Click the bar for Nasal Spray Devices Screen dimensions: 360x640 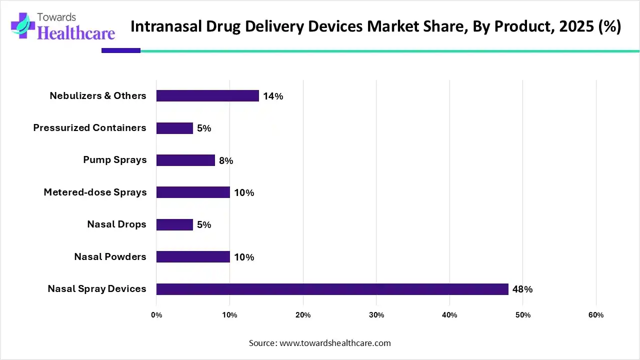(332, 289)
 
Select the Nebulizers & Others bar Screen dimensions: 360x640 (207, 96)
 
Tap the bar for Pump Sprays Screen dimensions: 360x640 (185, 160)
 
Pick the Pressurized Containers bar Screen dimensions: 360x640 (174, 128)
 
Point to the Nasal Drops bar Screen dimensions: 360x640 (174, 224)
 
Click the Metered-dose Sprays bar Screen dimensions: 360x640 (193, 192)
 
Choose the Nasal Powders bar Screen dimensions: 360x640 (193, 257)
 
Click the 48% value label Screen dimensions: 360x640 (522, 289)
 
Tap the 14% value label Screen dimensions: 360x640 (273, 96)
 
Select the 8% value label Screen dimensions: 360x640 (226, 160)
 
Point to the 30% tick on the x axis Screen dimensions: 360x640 (376, 315)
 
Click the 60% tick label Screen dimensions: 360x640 (596, 315)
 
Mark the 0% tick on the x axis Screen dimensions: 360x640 (156, 315)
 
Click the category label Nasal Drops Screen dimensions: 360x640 (116, 224)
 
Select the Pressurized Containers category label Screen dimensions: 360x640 (89, 128)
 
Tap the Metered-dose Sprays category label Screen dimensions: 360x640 (95, 192)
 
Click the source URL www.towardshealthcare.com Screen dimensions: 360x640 (335, 343)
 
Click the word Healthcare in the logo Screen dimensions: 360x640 (76, 33)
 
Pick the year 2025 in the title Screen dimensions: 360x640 (572, 26)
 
